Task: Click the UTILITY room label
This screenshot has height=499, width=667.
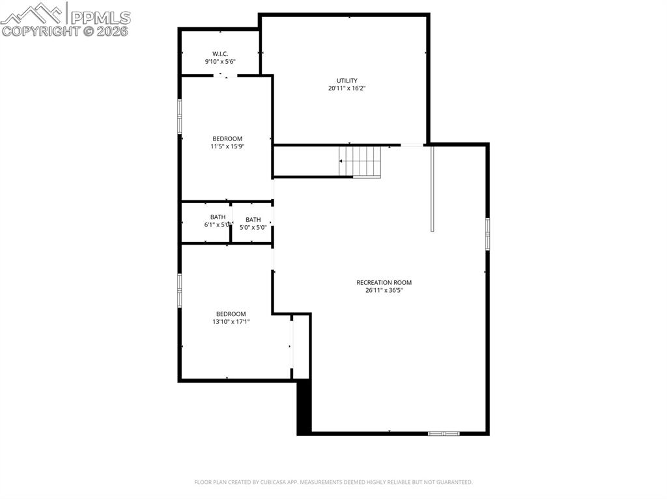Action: coord(347,81)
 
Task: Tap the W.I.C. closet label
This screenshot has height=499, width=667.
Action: coord(220,53)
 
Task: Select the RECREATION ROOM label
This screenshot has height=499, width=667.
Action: coord(384,282)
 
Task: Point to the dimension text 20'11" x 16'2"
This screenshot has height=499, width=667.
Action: coord(347,88)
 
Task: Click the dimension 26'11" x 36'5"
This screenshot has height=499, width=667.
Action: coord(384,291)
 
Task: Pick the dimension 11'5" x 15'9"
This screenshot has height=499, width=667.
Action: coord(227,146)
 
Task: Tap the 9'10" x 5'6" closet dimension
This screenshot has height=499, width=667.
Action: coord(220,62)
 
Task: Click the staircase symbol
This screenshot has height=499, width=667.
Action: coord(360,161)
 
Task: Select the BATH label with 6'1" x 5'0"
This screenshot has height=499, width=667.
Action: coord(218,217)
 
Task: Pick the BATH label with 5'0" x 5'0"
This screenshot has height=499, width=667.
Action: coord(253,219)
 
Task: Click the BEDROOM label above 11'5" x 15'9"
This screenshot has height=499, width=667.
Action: coord(227,139)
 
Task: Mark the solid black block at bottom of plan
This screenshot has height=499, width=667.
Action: coord(304,408)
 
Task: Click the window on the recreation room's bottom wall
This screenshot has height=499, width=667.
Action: coord(444,433)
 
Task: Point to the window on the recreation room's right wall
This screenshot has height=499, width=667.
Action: coord(487,234)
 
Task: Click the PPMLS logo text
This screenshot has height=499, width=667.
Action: coord(100,17)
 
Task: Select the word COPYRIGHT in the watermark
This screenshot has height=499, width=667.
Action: coord(40,31)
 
